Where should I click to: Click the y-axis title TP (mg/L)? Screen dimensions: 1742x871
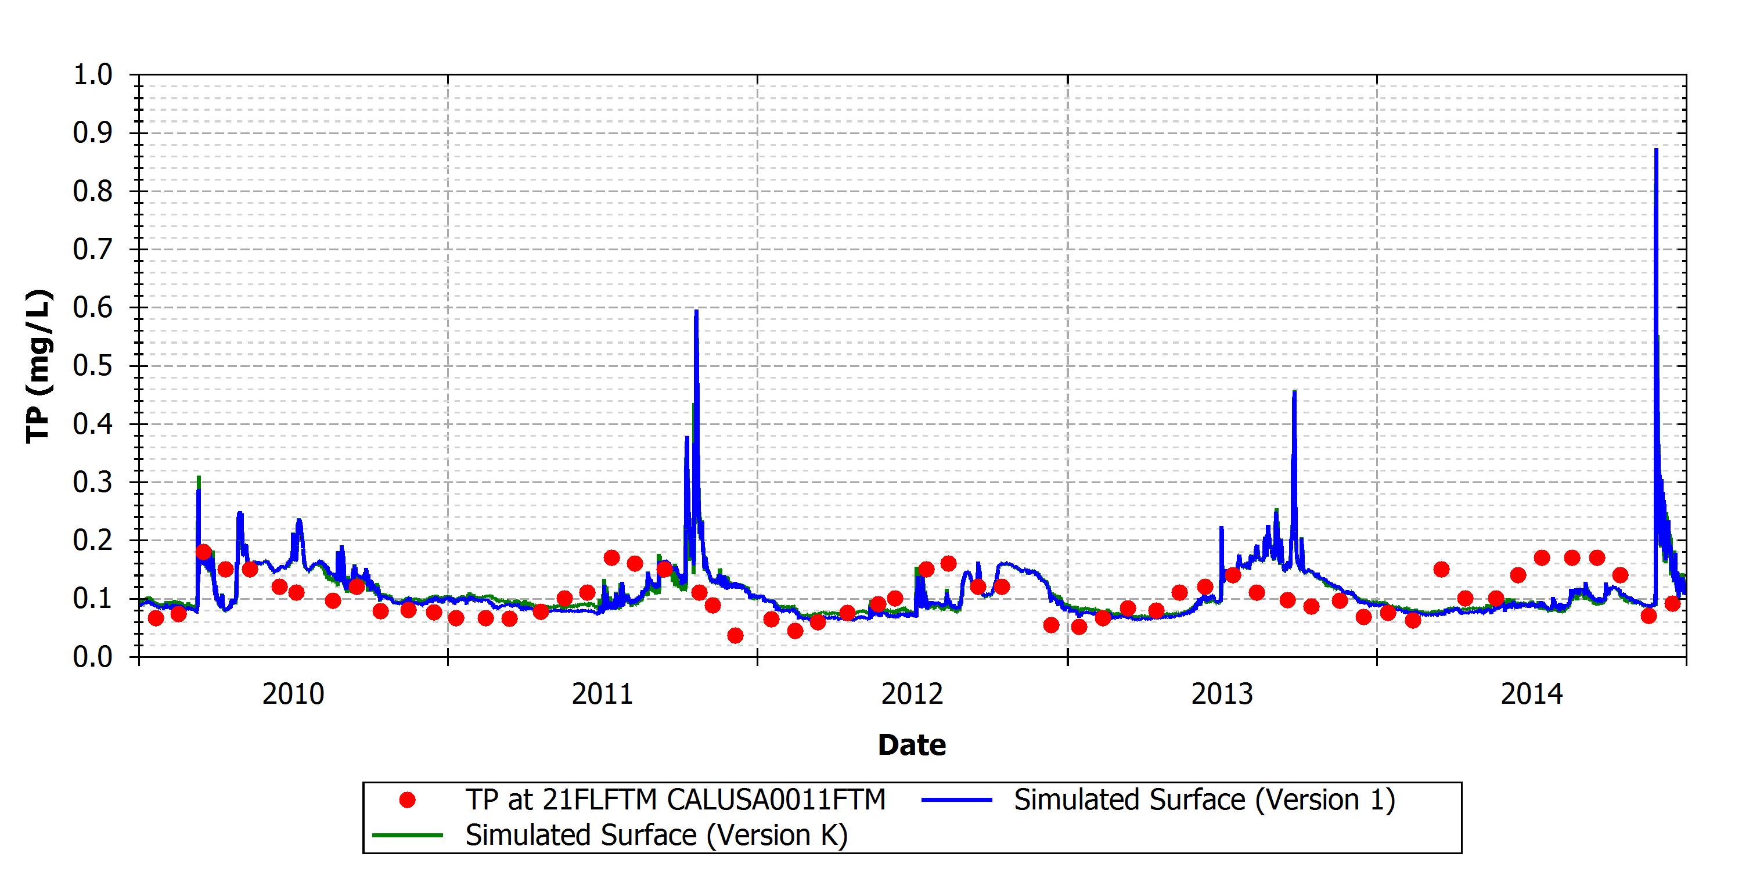point(38,366)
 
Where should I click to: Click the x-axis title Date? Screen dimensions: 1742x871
point(912,744)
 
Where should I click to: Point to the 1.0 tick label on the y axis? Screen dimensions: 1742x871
point(93,74)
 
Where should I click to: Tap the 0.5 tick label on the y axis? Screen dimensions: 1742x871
point(93,366)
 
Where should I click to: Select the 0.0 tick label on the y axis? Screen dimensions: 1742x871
point(93,657)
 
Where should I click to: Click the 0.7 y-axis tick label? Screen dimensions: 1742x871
point(93,250)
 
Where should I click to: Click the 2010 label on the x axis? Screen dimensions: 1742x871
point(293,694)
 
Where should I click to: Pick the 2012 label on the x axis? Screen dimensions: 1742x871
point(912,694)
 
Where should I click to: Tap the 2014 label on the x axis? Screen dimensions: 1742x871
point(1532,694)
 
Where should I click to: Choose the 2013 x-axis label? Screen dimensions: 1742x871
point(1222,694)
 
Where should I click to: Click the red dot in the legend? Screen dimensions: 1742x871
point(407,800)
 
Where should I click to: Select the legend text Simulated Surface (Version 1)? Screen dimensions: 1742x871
point(1204,800)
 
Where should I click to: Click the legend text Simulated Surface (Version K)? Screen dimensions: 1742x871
point(656,835)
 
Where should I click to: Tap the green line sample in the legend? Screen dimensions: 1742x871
point(407,835)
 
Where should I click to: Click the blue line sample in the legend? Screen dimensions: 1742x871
point(956,800)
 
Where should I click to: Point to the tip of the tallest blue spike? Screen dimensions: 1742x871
point(1655,149)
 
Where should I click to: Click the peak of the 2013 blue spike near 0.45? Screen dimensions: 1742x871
point(1294,391)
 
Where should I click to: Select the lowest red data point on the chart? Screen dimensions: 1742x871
point(735,636)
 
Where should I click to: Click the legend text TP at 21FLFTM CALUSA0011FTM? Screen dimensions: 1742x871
point(675,800)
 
